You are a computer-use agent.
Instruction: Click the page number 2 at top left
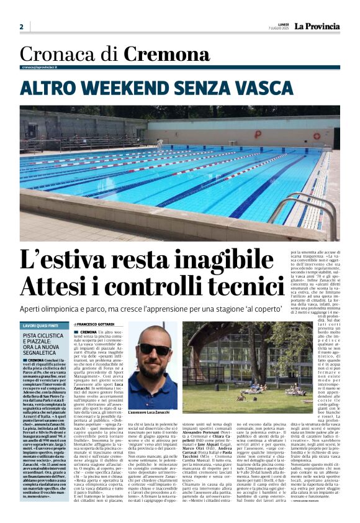(x=21, y=27)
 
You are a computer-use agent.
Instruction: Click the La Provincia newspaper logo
(x=317, y=27)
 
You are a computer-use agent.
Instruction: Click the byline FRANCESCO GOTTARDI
(x=96, y=325)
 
